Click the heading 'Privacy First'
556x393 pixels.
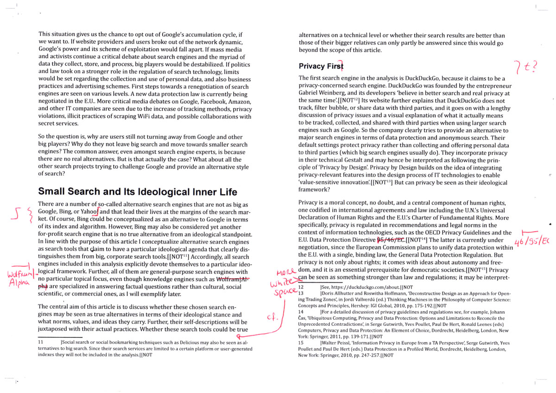tap(321, 66)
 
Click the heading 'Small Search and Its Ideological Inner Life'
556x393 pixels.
tap(138, 191)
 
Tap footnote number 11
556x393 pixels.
tap(41, 342)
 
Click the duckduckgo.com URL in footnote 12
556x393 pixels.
tap(359, 287)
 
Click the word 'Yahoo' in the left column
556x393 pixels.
tap(88, 212)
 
